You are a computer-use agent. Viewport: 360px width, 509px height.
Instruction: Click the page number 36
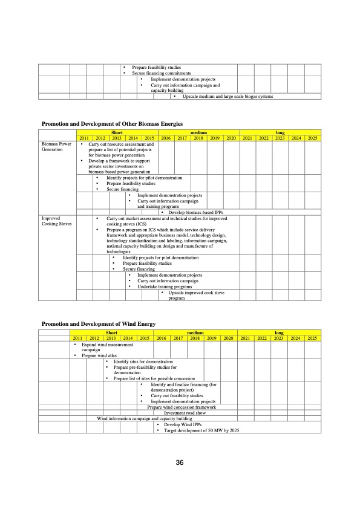[x=180, y=463]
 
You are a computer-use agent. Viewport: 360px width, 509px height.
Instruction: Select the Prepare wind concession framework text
[x=182, y=407]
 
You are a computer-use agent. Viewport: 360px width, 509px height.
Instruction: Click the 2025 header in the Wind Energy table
[x=312, y=338]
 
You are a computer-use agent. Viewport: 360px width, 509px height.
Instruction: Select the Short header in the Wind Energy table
[x=111, y=332]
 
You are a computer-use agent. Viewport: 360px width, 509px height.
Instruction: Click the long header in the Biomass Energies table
[x=280, y=133]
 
